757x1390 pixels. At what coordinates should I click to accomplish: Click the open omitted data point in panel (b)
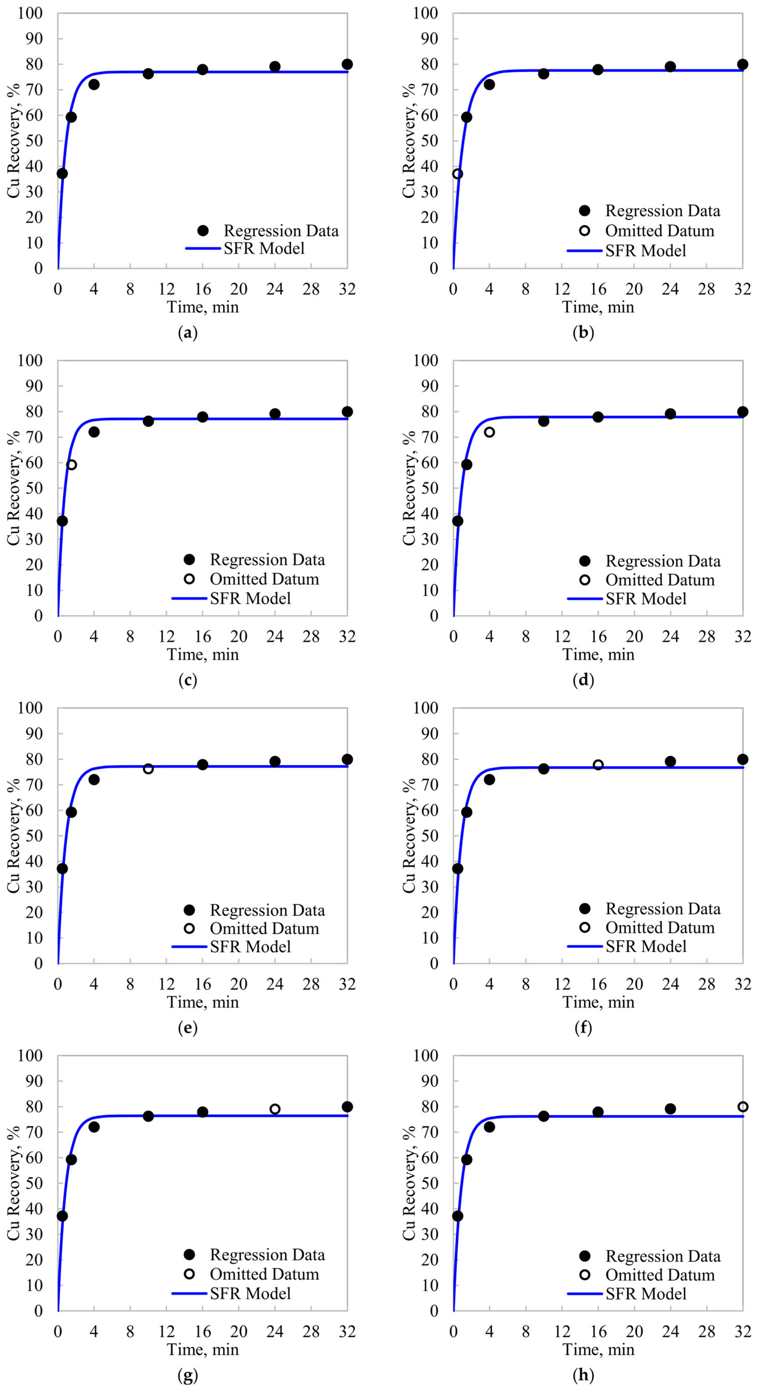coord(458,174)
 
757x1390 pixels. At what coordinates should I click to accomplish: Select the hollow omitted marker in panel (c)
coord(71,465)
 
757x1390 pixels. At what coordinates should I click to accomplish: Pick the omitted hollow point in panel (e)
coord(148,768)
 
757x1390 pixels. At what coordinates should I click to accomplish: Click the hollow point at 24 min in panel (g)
coord(275,1109)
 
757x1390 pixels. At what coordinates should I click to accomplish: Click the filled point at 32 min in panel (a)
coord(347,64)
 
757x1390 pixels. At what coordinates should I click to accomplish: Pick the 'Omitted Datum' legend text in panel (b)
coord(659,231)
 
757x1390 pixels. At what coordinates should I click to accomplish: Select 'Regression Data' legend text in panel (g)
coord(267,1255)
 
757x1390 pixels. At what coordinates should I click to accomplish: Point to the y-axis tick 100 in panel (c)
coord(30,360)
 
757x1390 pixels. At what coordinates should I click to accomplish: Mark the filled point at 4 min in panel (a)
coord(94,84)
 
